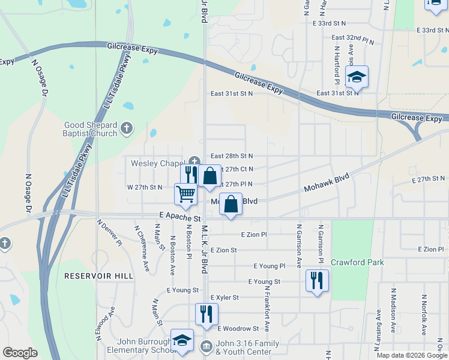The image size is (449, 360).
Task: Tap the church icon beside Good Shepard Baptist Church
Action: pyautogui.click(x=126, y=128)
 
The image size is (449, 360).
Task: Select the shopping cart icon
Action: pyautogui.click(x=186, y=194)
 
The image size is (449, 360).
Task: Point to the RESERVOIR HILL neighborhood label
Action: pyautogui.click(x=90, y=275)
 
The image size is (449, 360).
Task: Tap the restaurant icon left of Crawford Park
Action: pyautogui.click(x=317, y=280)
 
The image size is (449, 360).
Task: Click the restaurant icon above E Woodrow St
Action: pyautogui.click(x=206, y=314)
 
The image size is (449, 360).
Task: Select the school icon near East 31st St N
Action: pyautogui.click(x=357, y=77)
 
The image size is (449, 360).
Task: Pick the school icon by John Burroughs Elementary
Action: pyautogui.click(x=181, y=340)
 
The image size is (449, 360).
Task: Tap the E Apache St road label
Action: pyautogui.click(x=179, y=214)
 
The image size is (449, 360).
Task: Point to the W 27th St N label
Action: pyautogui.click(x=144, y=187)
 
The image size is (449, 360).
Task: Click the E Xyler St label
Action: pyautogui.click(x=224, y=297)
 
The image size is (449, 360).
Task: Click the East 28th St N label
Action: pyautogui.click(x=231, y=155)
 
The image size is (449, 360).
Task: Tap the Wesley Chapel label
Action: pyautogui.click(x=157, y=163)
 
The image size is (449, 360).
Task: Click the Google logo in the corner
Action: pyautogui.click(x=20, y=353)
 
